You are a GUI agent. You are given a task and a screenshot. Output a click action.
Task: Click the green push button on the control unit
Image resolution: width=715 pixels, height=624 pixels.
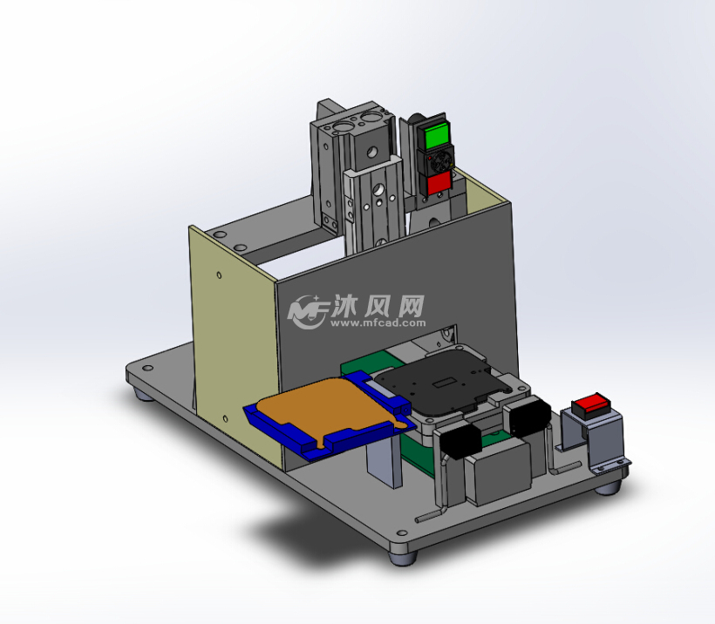click(434, 136)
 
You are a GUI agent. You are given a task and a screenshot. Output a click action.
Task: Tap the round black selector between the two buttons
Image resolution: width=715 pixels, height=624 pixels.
click(436, 160)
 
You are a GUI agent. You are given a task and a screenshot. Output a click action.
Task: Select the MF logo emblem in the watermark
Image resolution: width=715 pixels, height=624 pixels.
click(308, 310)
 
